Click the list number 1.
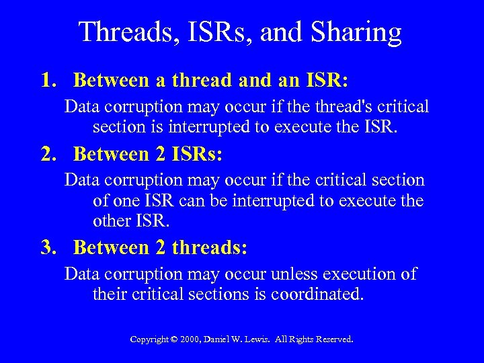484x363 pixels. [48, 81]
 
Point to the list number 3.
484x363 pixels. [48, 247]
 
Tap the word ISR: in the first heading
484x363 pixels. [326, 81]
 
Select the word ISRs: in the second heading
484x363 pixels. [197, 154]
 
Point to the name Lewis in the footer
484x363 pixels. [266, 339]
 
